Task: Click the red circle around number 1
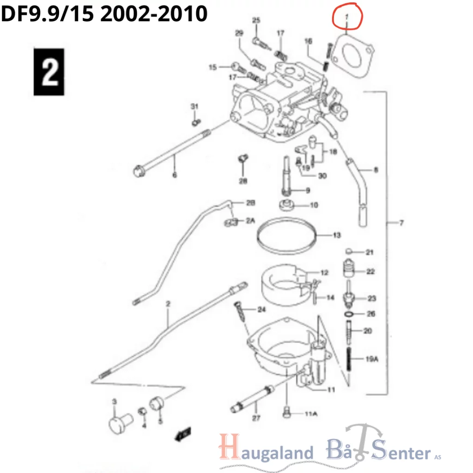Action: tap(348, 17)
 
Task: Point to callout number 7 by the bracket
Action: tap(401, 223)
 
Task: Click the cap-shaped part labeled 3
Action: tap(119, 422)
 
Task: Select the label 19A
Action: tap(372, 359)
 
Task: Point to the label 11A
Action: tap(311, 413)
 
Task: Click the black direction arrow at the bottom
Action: tap(183, 434)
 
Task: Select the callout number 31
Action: tap(194, 107)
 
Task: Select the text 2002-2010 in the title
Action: tap(153, 14)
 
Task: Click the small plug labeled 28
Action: tap(242, 158)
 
